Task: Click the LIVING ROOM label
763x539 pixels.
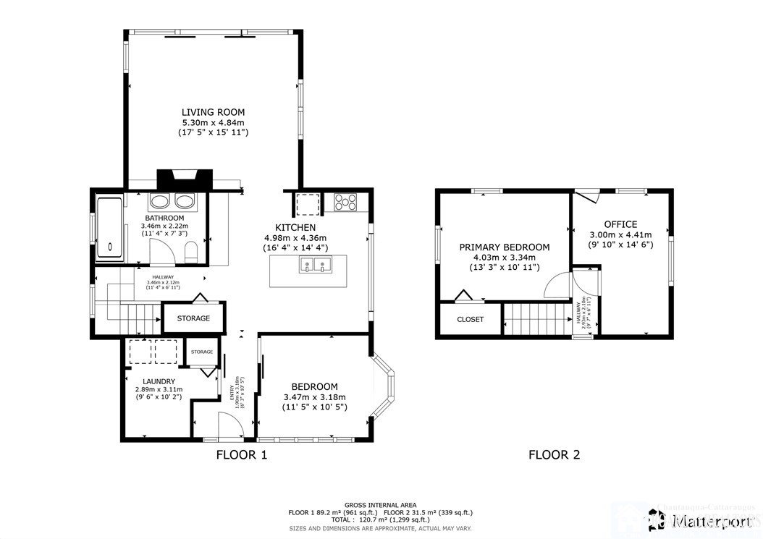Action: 213,112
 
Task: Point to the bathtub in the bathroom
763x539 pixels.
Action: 109,226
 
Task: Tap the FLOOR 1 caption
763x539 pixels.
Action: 242,455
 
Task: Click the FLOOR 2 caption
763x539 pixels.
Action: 554,455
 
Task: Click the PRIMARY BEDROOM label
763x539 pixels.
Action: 505,247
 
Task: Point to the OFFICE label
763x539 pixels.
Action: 621,224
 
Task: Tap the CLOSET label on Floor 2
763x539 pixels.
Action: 470,319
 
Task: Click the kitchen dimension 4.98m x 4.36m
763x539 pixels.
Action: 295,238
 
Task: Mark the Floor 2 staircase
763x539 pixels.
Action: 536,319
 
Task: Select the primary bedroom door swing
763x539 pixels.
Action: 558,286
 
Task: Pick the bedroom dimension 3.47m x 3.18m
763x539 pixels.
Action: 314,397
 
